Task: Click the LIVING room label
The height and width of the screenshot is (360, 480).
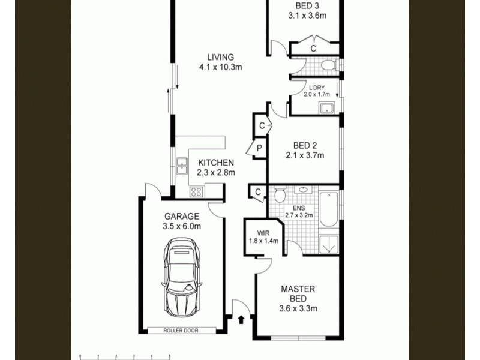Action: tap(220, 58)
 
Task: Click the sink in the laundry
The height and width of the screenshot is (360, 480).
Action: tap(327, 108)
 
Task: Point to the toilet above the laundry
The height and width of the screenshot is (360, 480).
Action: tap(328, 65)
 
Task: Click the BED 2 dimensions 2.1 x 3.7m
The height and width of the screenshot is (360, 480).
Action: tap(305, 156)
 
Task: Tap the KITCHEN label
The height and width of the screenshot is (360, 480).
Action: tap(216, 163)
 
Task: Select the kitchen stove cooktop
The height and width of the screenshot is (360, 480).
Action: tap(196, 192)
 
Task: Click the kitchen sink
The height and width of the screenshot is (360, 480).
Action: tap(181, 166)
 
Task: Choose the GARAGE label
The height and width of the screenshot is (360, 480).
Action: tap(181, 216)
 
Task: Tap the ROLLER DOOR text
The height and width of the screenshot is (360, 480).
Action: tap(181, 331)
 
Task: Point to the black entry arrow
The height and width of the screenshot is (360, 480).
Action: tap(241, 320)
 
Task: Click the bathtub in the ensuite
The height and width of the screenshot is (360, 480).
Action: tap(328, 209)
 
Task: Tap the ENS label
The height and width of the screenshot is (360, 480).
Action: tap(298, 208)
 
